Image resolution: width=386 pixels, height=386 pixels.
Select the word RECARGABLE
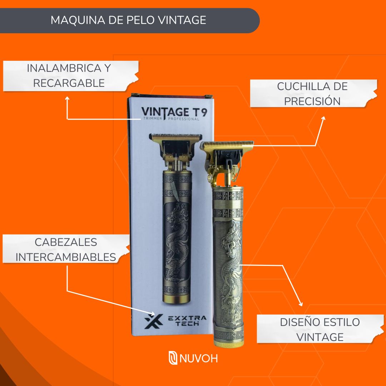69,83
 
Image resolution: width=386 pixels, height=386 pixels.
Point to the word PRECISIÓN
312,101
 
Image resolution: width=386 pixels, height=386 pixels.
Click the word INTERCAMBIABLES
66,257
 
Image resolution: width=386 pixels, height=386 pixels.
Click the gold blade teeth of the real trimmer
228,145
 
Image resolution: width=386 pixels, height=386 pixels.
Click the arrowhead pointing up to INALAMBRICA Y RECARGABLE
67,98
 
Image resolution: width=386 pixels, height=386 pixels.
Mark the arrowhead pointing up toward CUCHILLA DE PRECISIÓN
323,118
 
